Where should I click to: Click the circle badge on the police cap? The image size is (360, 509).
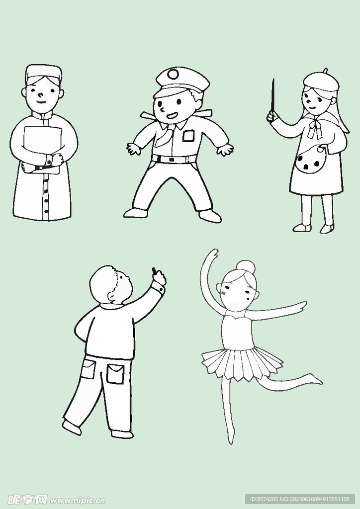(173, 75)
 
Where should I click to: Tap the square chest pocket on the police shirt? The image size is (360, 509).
(188, 136)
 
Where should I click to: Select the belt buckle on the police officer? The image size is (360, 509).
(172, 160)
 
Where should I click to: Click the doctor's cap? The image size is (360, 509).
(43, 74)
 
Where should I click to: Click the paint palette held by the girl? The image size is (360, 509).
(311, 160)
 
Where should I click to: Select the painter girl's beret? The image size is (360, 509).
(321, 81)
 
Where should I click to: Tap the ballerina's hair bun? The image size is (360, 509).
(246, 267)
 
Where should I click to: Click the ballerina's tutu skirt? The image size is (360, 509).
(242, 363)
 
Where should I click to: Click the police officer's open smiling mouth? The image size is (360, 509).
(172, 115)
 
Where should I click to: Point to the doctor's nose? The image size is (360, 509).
(40, 95)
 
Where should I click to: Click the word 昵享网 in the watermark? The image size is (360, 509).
(27, 500)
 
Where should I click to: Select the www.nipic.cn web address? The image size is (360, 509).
(77, 501)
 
